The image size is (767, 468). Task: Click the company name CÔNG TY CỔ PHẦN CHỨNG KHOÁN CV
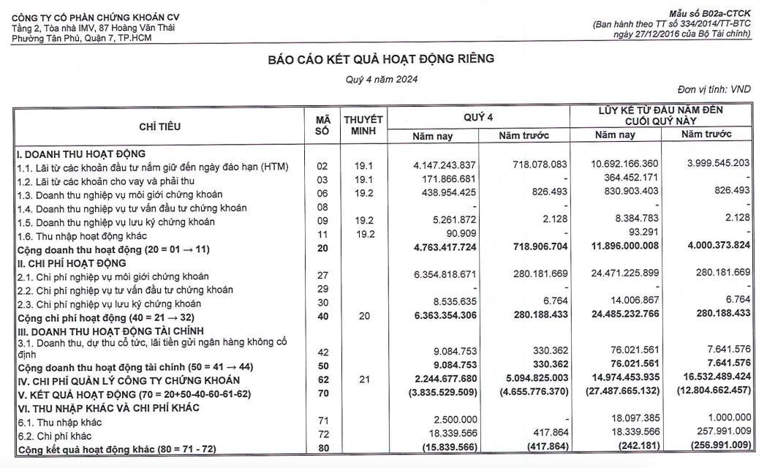click(x=96, y=17)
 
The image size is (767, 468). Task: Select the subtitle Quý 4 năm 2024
click(x=381, y=80)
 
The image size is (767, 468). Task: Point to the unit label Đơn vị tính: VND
click(x=714, y=89)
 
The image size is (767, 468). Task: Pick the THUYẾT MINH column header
click(x=363, y=125)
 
